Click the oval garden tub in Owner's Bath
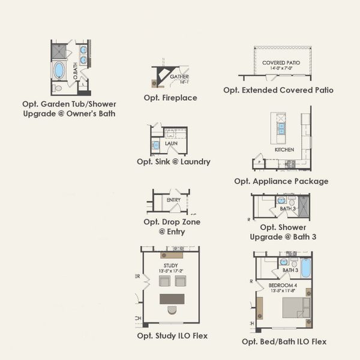coord(59,70)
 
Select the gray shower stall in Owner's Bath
coord(59,51)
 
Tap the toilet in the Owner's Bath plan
coord(58,88)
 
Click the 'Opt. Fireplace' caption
coord(170,98)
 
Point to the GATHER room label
coord(179,77)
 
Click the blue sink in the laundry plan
coord(155,145)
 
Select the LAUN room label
coord(172,143)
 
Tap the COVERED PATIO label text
coord(281,63)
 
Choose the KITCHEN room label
coord(284,149)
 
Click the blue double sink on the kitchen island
coord(280,128)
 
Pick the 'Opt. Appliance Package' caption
coord(281,181)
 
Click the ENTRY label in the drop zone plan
coord(173,200)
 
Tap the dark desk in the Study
coord(172,299)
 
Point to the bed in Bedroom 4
coord(296,307)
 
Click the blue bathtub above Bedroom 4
coord(306,268)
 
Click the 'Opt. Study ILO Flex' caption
coord(172,336)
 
